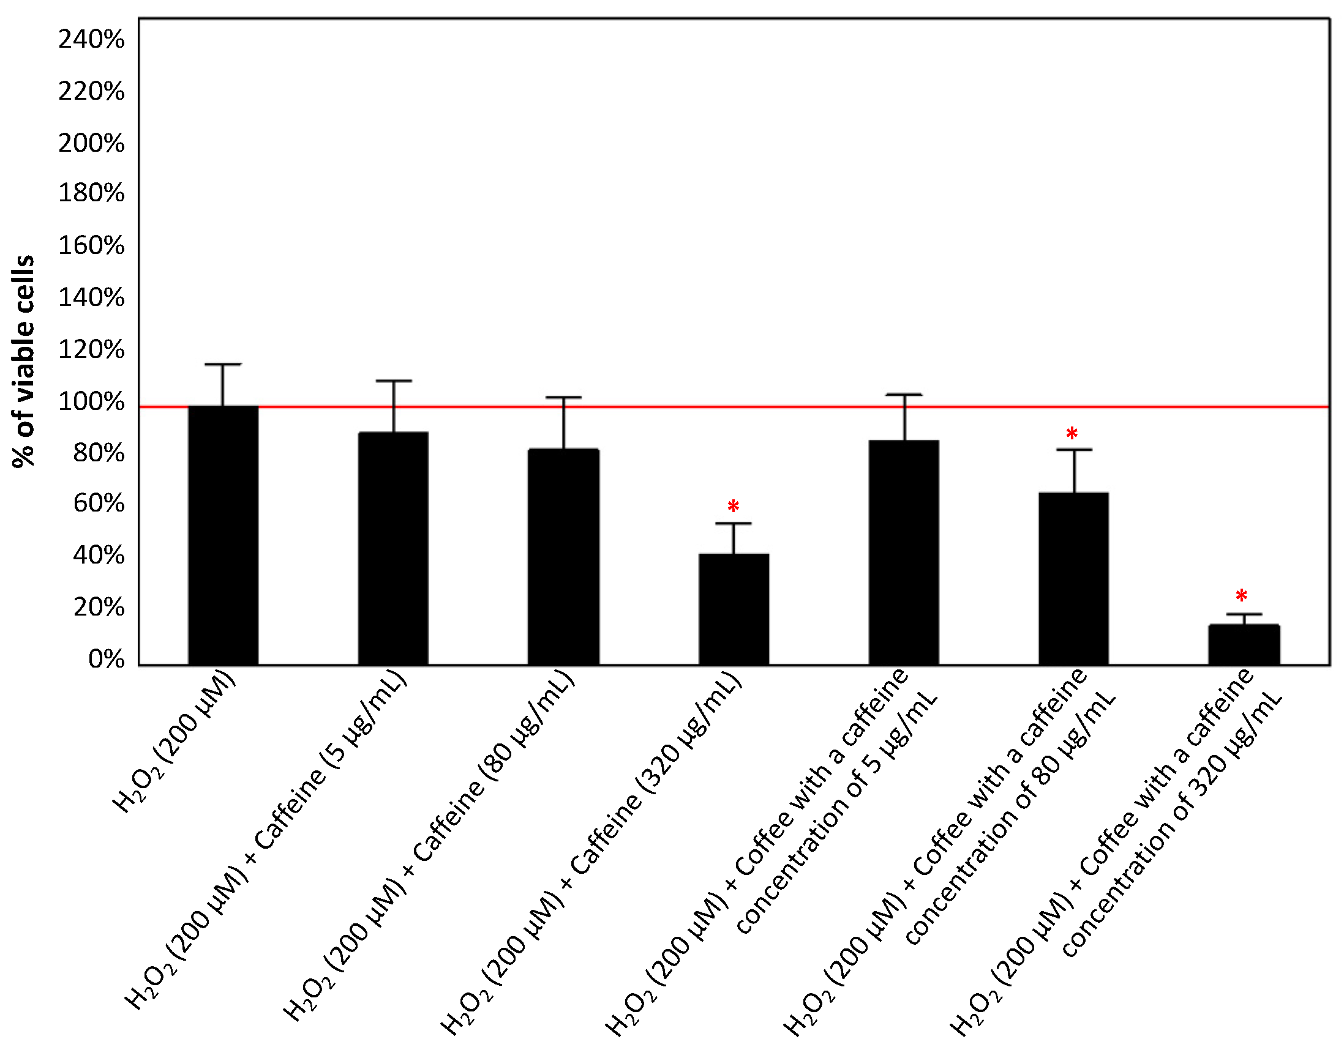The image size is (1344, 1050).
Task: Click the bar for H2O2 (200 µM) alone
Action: pyautogui.click(x=223, y=535)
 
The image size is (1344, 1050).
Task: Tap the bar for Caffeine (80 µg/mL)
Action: pyautogui.click(x=563, y=557)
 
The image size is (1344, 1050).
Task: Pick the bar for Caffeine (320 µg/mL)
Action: pyautogui.click(x=734, y=609)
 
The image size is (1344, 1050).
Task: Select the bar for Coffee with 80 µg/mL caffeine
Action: pyautogui.click(x=1074, y=578)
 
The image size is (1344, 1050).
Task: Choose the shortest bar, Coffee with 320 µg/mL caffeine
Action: pyautogui.click(x=1244, y=645)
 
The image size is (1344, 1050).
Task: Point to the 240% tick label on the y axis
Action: pyautogui.click(x=91, y=40)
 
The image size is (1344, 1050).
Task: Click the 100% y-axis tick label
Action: pyautogui.click(x=91, y=402)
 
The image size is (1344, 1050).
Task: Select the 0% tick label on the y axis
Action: pyautogui.click(x=106, y=660)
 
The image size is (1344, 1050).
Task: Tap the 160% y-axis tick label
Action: pyautogui.click(x=91, y=246)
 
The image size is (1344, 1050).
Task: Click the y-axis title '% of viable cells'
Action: pyautogui.click(x=23, y=362)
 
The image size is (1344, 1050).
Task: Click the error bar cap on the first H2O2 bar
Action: pyautogui.click(x=223, y=364)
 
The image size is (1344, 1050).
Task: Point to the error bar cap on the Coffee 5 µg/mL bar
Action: pyautogui.click(x=904, y=395)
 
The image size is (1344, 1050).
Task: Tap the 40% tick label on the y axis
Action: pyautogui.click(x=99, y=556)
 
